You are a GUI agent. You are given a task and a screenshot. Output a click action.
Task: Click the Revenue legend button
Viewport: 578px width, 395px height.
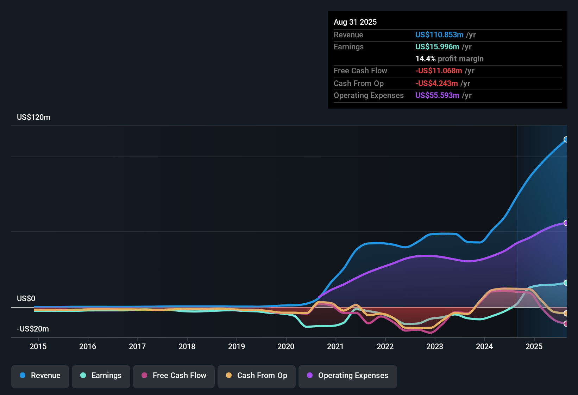tap(40, 376)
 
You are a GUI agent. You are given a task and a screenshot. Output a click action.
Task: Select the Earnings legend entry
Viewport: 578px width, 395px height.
tap(101, 376)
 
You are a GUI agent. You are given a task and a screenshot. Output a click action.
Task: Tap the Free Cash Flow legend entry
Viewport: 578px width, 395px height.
tap(174, 376)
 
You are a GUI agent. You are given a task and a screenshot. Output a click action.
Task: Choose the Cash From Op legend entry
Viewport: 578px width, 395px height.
tap(257, 376)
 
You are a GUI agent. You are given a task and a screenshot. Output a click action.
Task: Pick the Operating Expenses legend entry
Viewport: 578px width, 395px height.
tap(348, 376)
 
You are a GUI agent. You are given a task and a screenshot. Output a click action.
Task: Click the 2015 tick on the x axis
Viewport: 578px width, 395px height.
tap(38, 347)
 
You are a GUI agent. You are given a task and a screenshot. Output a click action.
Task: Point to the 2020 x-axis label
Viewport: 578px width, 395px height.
tap(286, 347)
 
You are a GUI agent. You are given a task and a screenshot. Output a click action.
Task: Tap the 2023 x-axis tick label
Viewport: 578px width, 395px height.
tap(435, 347)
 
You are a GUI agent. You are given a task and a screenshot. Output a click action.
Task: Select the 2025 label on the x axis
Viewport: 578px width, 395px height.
tap(534, 347)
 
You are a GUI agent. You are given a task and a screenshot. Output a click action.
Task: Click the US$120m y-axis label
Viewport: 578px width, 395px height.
tap(33, 117)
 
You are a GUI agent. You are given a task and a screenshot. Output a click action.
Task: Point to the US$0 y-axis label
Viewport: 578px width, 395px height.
tap(26, 299)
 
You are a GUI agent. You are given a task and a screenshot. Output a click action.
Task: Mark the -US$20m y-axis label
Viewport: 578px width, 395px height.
tap(33, 329)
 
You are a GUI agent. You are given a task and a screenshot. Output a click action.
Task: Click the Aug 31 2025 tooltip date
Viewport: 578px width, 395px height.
tap(355, 22)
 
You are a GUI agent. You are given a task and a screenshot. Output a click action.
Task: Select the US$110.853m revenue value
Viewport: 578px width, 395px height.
tap(439, 35)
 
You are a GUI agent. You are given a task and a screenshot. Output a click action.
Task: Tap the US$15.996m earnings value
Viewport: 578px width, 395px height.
tap(437, 47)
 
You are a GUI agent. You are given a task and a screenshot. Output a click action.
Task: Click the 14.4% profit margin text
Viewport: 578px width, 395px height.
tap(450, 59)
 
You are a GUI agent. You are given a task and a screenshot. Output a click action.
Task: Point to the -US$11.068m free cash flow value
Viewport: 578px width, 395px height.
tap(439, 71)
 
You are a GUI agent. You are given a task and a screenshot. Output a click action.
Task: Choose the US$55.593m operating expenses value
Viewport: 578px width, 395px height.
tap(437, 96)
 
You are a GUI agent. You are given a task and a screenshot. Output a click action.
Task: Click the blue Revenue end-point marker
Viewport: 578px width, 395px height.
tap(566, 139)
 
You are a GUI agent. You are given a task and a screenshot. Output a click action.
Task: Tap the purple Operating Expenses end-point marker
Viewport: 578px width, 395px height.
tap(566, 223)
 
